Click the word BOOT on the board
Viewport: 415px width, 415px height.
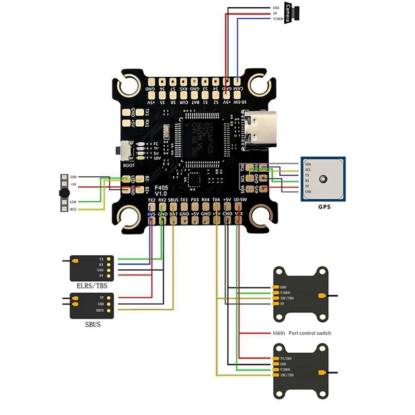tap(130, 164)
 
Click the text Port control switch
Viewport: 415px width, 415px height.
tap(310, 333)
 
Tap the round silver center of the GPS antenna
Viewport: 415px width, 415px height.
tap(323, 179)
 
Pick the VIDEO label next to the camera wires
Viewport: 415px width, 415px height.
tap(279, 19)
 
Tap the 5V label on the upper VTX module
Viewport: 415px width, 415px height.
tap(283, 303)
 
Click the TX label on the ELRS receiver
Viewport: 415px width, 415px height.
tap(101, 258)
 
